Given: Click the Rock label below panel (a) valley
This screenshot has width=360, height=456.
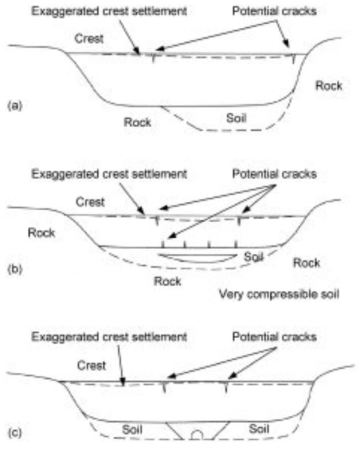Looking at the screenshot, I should click(136, 122).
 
